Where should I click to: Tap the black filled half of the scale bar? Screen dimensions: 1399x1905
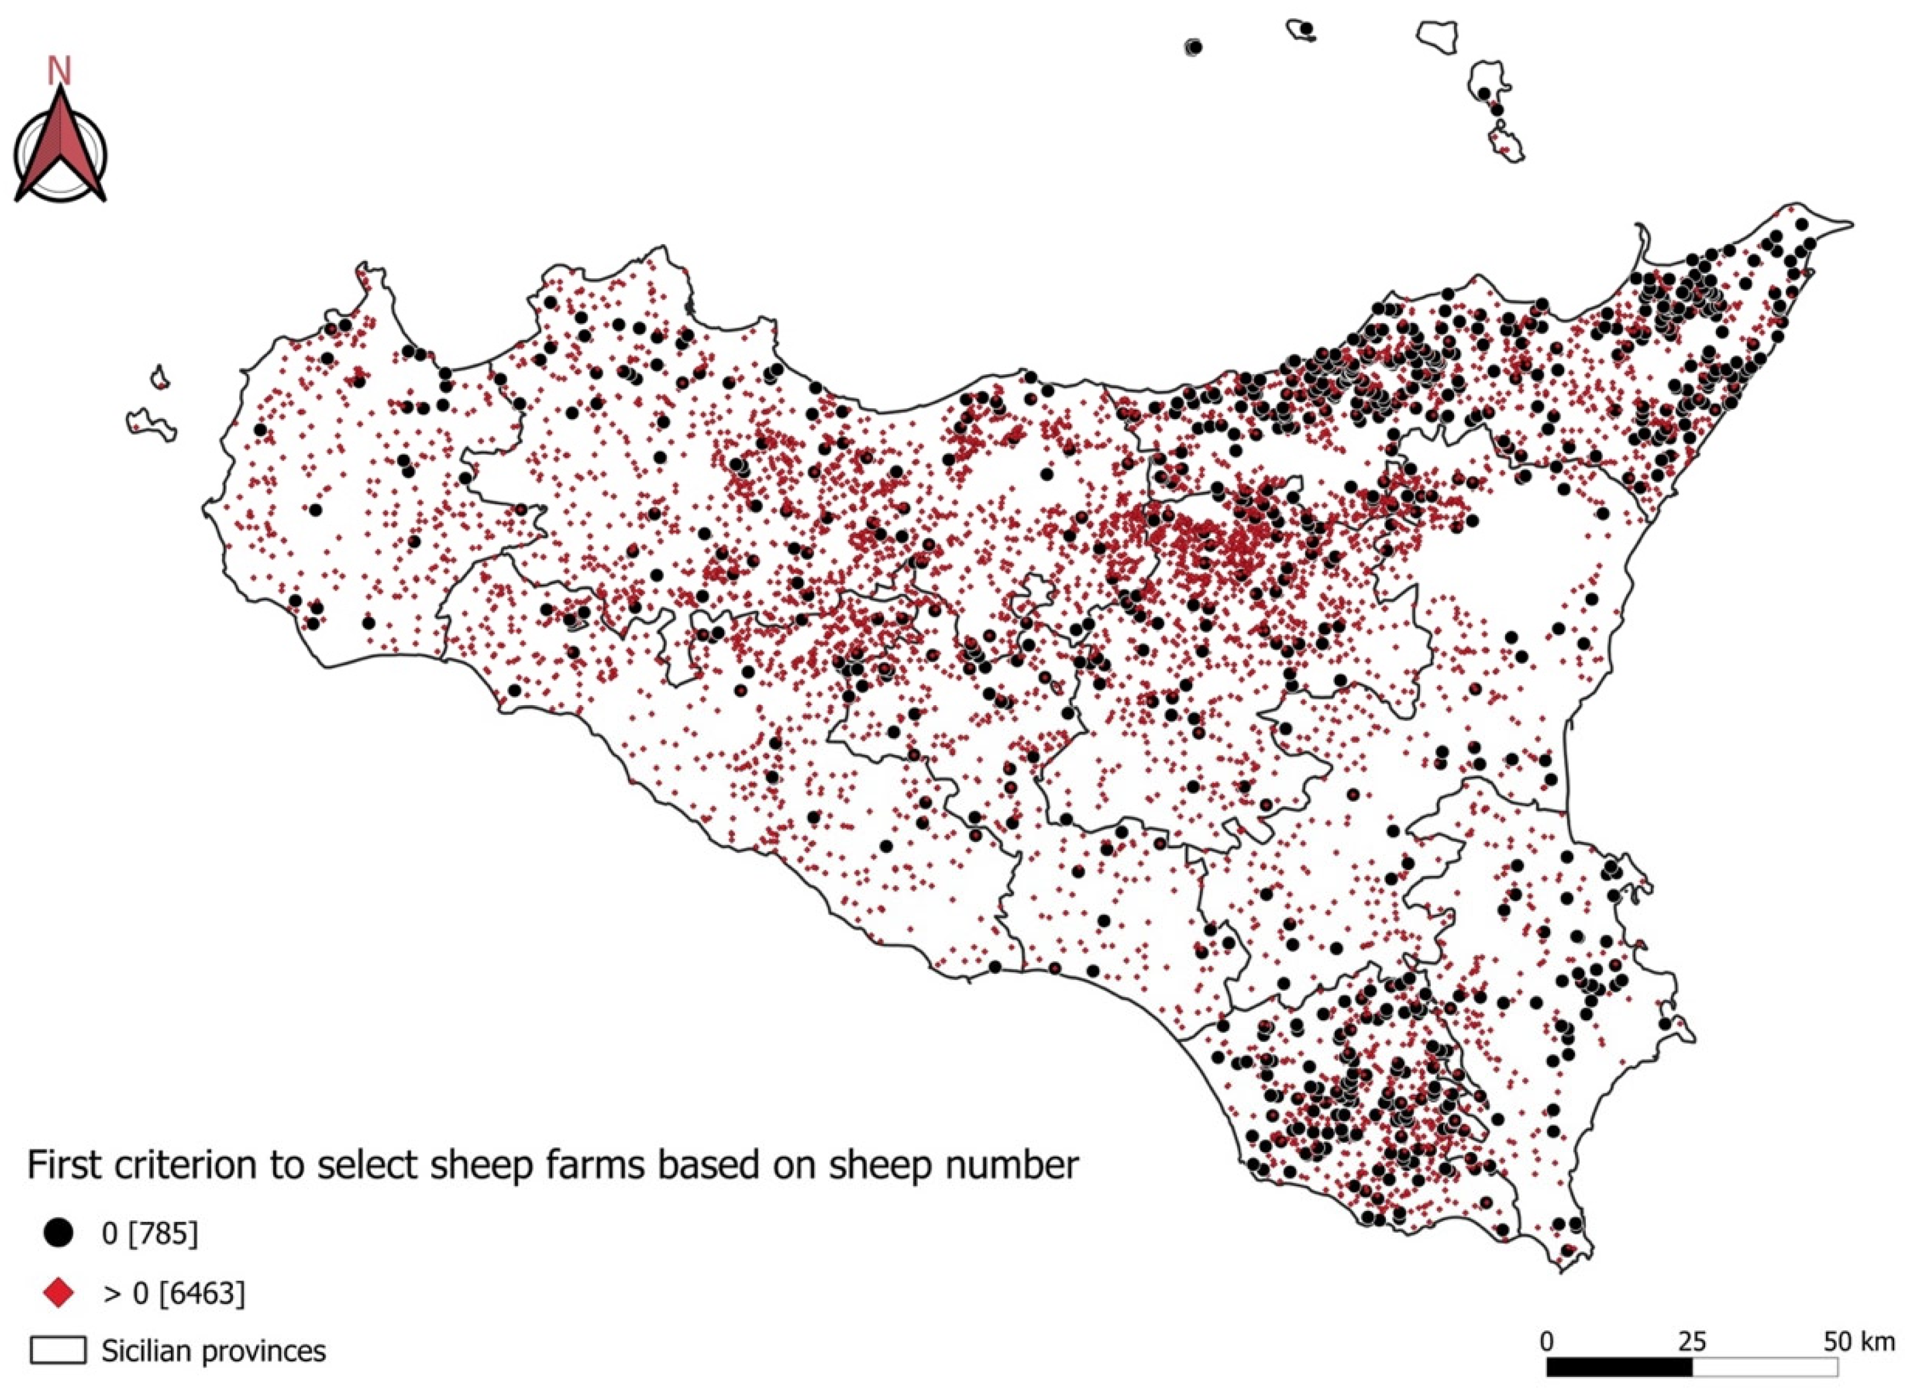pos(1619,1367)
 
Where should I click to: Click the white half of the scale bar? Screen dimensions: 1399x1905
pos(1764,1367)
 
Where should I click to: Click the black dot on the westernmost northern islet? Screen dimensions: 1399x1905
pos(1194,48)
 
